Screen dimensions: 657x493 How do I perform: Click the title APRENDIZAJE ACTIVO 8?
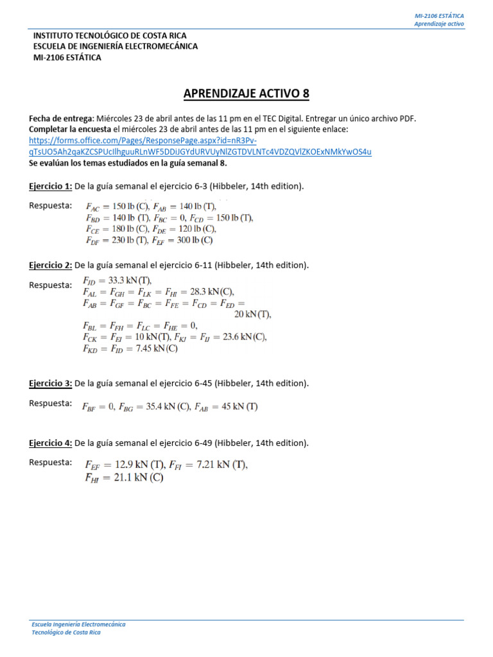coord(246,94)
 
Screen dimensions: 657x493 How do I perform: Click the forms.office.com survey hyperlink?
coord(200,146)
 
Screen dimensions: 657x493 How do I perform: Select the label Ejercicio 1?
coord(50,186)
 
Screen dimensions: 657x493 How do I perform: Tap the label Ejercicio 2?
coord(50,265)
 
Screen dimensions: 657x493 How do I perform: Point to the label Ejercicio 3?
coord(50,383)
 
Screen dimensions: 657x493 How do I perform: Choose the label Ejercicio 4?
coord(50,443)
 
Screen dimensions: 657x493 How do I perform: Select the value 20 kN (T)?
coord(252,314)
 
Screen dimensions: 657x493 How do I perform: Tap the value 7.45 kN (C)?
coord(154,349)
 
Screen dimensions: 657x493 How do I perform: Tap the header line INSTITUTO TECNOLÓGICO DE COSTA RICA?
coord(110,36)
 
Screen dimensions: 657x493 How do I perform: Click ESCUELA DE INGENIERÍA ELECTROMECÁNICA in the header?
coord(115,46)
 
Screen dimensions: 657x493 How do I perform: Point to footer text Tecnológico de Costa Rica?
coord(65,632)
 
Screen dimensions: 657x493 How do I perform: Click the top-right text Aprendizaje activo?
coord(439,24)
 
